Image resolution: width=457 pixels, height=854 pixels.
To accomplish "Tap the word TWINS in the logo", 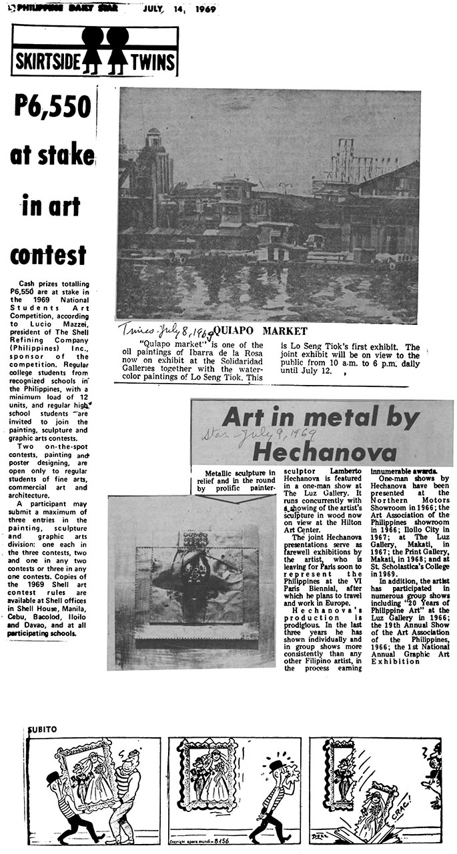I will coord(153,63).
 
